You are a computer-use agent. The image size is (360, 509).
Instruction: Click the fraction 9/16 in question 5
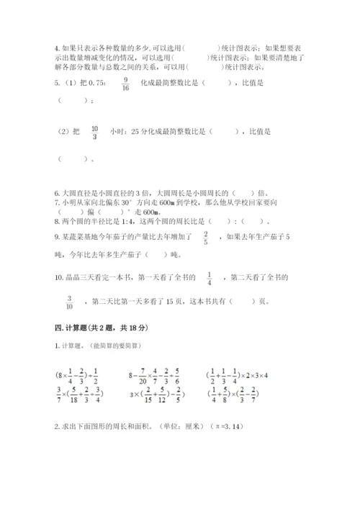click(126, 84)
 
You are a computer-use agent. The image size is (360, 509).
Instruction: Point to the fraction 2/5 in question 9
click(205, 238)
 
